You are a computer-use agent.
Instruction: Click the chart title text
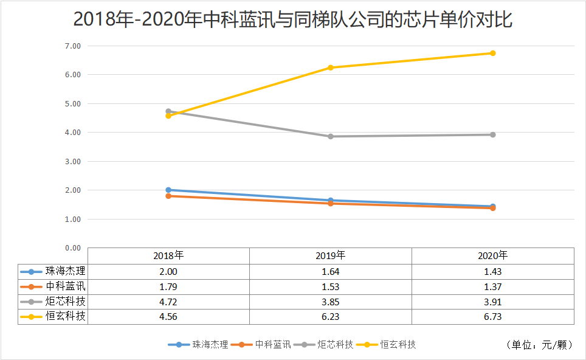pyautogui.click(x=293, y=19)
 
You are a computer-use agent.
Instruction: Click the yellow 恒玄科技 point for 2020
pyautogui.click(x=492, y=53)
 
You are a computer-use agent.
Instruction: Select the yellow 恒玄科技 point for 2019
pyautogui.click(x=330, y=67)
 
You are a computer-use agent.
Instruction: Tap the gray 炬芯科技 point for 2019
pyautogui.click(x=330, y=136)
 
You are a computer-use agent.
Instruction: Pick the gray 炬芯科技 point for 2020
pyautogui.click(x=492, y=134)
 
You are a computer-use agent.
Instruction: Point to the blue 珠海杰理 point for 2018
pyautogui.click(x=168, y=190)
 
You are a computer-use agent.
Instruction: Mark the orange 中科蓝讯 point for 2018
pyautogui.click(x=168, y=196)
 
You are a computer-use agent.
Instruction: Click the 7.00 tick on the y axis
pyautogui.click(x=72, y=46)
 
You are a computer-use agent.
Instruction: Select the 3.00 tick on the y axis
pyautogui.click(x=72, y=162)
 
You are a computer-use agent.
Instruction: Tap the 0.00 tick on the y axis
pyautogui.click(x=72, y=248)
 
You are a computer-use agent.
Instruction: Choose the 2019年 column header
pyautogui.click(x=330, y=256)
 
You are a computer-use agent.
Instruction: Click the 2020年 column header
pyautogui.click(x=492, y=256)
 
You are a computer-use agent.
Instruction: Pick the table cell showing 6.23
pyautogui.click(x=330, y=316)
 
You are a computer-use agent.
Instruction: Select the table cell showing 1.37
pyautogui.click(x=492, y=286)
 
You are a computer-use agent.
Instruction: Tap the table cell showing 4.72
pyautogui.click(x=168, y=302)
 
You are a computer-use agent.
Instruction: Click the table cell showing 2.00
pyautogui.click(x=168, y=271)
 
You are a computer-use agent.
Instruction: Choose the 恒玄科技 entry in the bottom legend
pyautogui.click(x=398, y=345)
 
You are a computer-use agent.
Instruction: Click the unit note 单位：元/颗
pyautogui.click(x=539, y=345)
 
